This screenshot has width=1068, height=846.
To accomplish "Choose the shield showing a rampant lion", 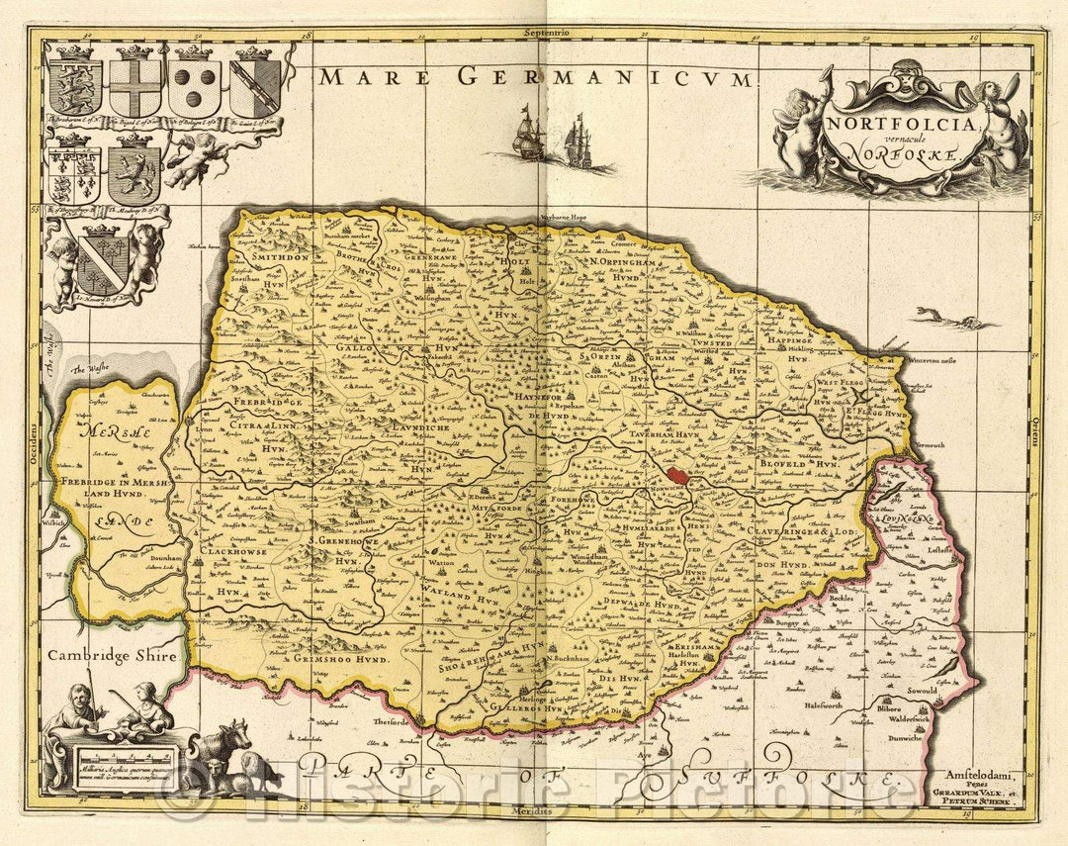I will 134,175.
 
